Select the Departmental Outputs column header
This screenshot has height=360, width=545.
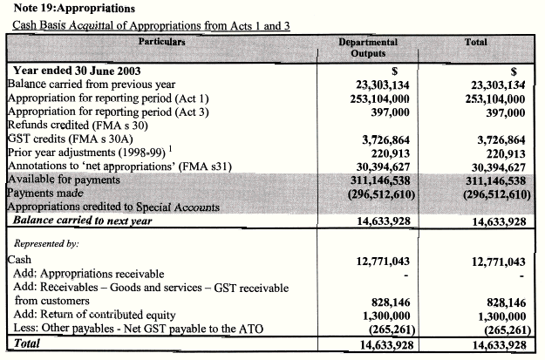(367, 47)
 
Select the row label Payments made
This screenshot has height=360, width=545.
(44, 194)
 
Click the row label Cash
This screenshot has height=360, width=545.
(18, 260)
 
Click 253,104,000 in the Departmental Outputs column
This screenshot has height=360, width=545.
(375, 99)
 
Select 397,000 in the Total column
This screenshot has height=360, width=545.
(504, 112)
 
